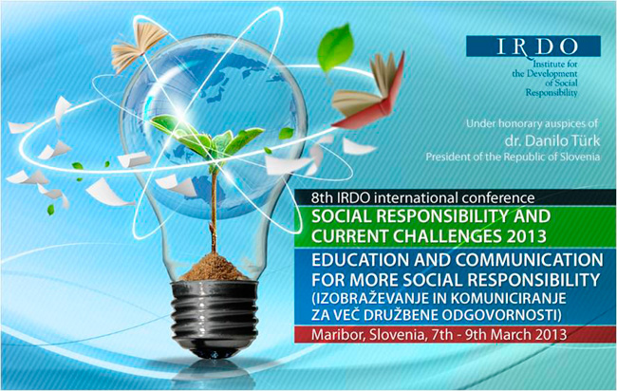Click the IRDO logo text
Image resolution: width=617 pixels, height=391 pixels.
537,47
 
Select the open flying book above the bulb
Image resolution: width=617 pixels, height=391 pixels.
139,47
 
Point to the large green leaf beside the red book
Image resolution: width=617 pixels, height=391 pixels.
335,48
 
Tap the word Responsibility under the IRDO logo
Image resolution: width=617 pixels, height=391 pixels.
552,93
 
